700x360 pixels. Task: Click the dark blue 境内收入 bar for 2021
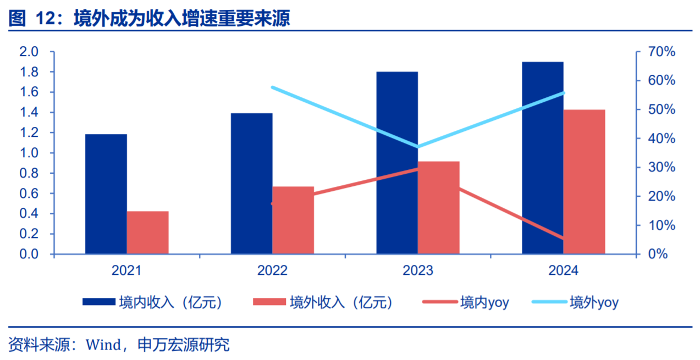[106, 194]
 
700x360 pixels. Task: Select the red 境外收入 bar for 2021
[147, 232]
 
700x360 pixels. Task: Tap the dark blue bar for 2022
[251, 184]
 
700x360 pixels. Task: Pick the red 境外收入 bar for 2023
[438, 208]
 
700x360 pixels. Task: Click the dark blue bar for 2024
[543, 158]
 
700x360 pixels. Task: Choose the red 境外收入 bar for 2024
[584, 182]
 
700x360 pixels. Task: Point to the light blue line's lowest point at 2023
[418, 147]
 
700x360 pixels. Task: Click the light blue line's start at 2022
[273, 87]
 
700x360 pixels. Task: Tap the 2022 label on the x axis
[272, 270]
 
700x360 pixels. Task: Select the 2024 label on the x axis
[563, 270]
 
